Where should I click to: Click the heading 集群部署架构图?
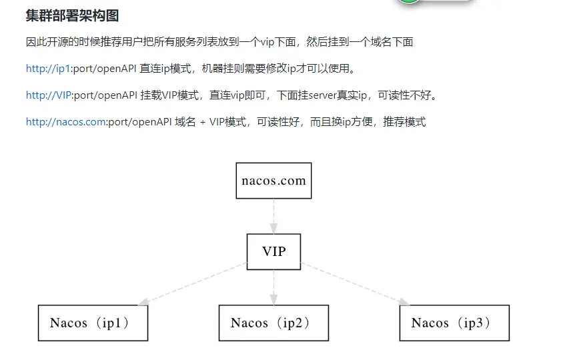72,15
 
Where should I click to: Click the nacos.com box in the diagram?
273,181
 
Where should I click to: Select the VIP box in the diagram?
273,251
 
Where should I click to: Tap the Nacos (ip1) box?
93,323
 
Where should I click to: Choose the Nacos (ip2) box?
273,323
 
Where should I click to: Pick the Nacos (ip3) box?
454,323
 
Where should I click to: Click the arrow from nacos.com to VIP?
273,215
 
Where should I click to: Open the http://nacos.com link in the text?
66,122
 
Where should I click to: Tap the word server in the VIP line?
323,95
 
